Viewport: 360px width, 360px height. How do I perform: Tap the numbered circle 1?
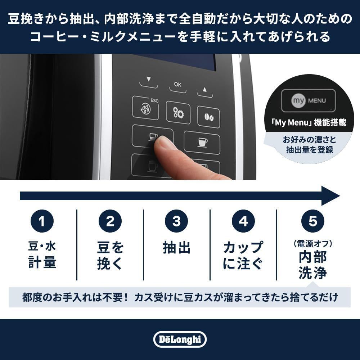tap(42, 221)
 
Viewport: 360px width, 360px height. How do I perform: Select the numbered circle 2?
tap(110, 221)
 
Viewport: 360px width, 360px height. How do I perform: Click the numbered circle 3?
tap(176, 221)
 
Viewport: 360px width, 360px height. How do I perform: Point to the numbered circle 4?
tap(243, 221)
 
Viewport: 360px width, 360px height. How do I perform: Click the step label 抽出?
tap(176, 248)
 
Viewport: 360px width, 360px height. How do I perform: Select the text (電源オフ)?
tap(312, 244)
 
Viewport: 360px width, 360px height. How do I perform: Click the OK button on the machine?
tap(178, 85)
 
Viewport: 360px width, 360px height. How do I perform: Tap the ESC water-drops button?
tap(145, 108)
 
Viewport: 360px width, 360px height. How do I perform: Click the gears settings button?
tap(178, 113)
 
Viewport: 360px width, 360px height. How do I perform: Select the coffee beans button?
tap(208, 117)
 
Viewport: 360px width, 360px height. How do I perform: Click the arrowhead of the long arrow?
tap(330, 196)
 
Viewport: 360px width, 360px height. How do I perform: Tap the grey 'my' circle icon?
tap(298, 100)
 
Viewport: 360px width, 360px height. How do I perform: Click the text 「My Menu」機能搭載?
tap(309, 123)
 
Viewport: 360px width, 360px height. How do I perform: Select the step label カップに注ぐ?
tap(243, 256)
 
